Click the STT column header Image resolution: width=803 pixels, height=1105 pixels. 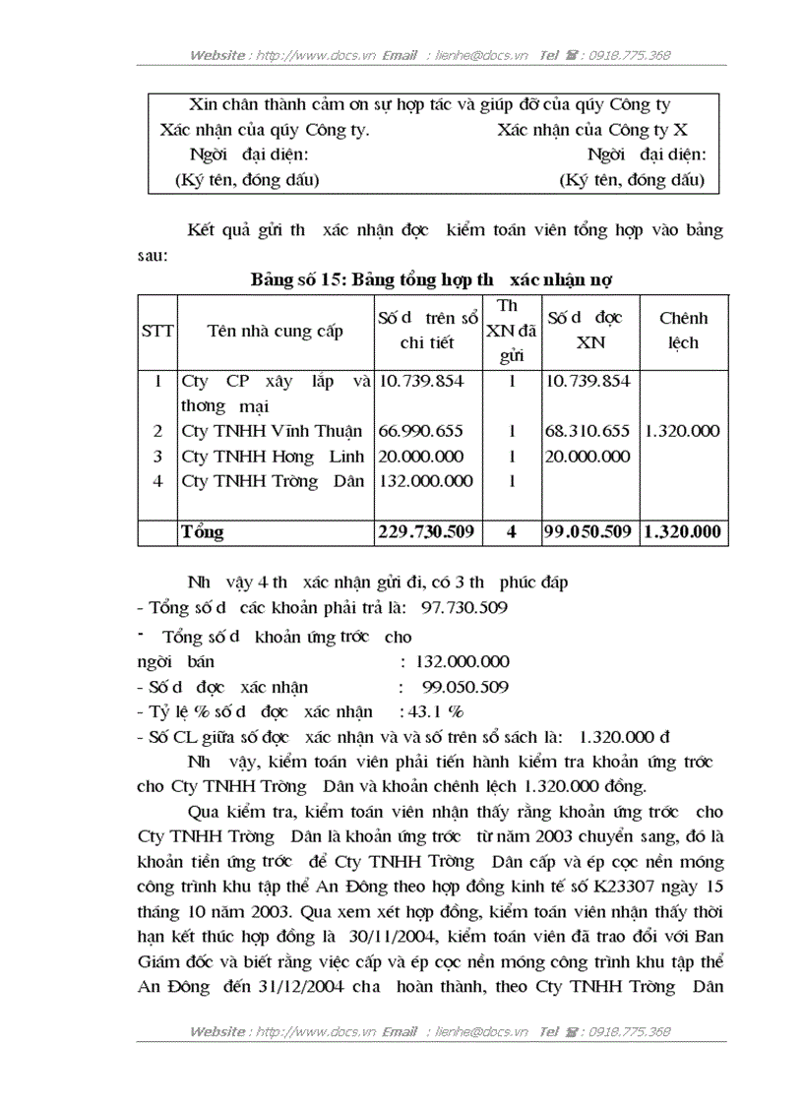coord(156,332)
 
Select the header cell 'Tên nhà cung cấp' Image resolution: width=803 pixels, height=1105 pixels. coord(275,331)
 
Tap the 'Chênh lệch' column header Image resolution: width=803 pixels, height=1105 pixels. coord(683,331)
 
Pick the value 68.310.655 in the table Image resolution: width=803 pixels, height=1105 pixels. coord(588,431)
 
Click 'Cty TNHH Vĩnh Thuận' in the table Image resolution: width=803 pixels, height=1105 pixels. coord(273,431)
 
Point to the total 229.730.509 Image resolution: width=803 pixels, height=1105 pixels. coord(426,532)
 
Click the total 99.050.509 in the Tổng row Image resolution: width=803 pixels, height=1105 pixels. coord(588,532)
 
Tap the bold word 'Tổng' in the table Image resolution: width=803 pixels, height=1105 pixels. coord(202,532)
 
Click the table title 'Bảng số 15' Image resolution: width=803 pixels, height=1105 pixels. coord(296,278)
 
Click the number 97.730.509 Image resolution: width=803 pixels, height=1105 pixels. coord(463,608)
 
